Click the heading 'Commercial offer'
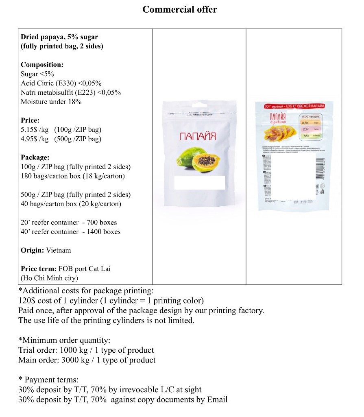click(x=179, y=9)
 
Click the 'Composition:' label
click(x=42, y=65)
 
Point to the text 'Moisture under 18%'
click(x=51, y=102)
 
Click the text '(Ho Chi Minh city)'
click(x=49, y=278)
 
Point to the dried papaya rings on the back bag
click(x=280, y=131)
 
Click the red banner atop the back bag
click(x=295, y=106)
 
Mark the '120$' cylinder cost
click(x=26, y=301)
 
